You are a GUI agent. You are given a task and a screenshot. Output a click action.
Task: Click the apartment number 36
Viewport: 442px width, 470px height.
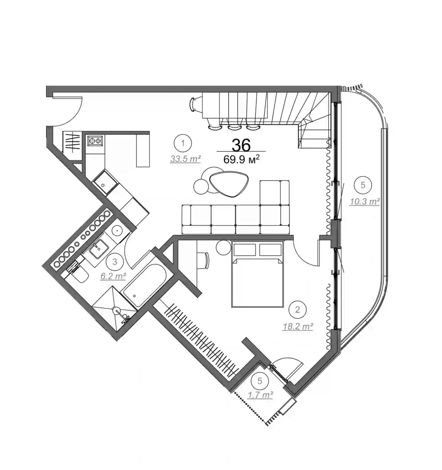coord(241,145)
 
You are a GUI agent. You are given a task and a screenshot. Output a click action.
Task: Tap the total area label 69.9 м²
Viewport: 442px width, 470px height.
coord(242,159)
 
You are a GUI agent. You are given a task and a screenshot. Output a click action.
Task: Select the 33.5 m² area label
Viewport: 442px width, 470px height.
coord(185,159)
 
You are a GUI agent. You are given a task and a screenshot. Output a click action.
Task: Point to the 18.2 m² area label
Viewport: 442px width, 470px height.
coord(298,326)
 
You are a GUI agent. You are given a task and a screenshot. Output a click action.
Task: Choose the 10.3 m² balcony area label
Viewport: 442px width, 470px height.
coord(364,201)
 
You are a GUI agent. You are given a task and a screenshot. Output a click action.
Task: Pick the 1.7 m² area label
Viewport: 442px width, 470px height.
coord(260,395)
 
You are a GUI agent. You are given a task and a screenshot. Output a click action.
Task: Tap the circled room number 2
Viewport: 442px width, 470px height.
coord(298,310)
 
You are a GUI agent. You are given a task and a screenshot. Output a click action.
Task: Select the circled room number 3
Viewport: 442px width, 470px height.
coord(115,262)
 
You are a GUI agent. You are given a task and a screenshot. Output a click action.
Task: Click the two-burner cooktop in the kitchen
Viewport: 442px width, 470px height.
coord(95,141)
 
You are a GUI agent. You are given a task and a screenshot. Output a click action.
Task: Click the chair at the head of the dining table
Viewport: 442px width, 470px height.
coord(194,103)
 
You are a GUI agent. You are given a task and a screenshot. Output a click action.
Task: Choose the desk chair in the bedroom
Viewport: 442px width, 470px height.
coord(204,260)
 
